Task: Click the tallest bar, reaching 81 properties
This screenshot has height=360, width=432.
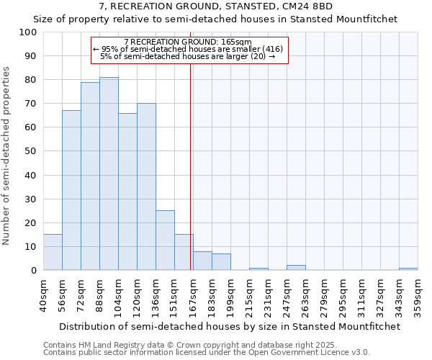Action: click(x=109, y=174)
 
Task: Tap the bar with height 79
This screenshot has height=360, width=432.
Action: click(x=90, y=176)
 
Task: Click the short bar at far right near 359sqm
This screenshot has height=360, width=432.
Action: click(x=408, y=269)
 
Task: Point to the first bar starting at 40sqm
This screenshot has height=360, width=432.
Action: click(x=53, y=252)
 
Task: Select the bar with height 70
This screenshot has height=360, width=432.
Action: click(x=146, y=186)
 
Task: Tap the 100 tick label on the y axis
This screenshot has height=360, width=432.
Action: click(x=28, y=32)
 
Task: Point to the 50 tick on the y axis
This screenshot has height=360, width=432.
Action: click(x=31, y=151)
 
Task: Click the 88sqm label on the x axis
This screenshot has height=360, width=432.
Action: click(x=99, y=295)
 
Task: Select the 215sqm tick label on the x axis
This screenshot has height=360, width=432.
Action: click(x=249, y=295)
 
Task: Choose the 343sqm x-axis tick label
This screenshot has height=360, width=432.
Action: click(x=399, y=295)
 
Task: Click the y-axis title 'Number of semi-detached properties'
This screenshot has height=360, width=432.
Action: click(x=7, y=156)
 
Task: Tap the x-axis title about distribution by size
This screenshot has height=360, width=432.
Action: click(x=230, y=326)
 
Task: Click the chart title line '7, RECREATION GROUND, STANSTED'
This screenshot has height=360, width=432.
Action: click(x=215, y=6)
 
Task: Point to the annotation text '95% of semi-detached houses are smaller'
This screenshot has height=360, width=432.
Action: click(x=188, y=49)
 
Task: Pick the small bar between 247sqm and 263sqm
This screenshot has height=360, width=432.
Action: click(x=296, y=268)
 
